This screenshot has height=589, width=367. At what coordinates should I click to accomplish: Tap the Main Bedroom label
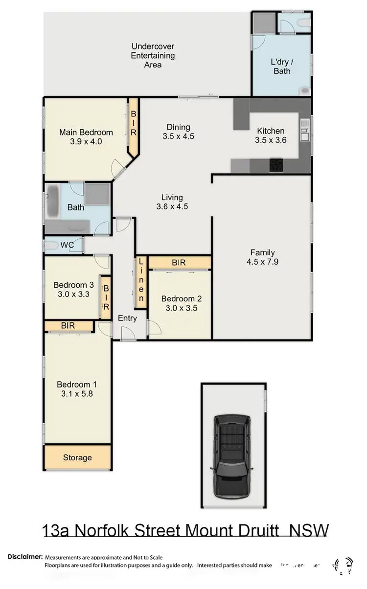86,132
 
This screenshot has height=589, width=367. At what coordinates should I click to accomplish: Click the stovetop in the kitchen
276,165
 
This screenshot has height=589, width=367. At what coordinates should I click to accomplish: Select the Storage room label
77,458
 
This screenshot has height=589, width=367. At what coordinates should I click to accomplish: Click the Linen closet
141,283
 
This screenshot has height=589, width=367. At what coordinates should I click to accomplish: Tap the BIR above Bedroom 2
179,263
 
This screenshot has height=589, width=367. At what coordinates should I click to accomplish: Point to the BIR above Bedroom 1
69,325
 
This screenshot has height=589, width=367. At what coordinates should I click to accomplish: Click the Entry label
127,318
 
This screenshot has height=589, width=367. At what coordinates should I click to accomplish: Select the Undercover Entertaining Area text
153,55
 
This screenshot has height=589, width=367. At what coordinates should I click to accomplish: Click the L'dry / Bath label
281,67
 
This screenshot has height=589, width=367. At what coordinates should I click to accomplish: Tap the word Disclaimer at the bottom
24,557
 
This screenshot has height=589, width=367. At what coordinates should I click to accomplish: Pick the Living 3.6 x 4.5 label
172,202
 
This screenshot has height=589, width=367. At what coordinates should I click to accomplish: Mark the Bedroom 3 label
73,285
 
